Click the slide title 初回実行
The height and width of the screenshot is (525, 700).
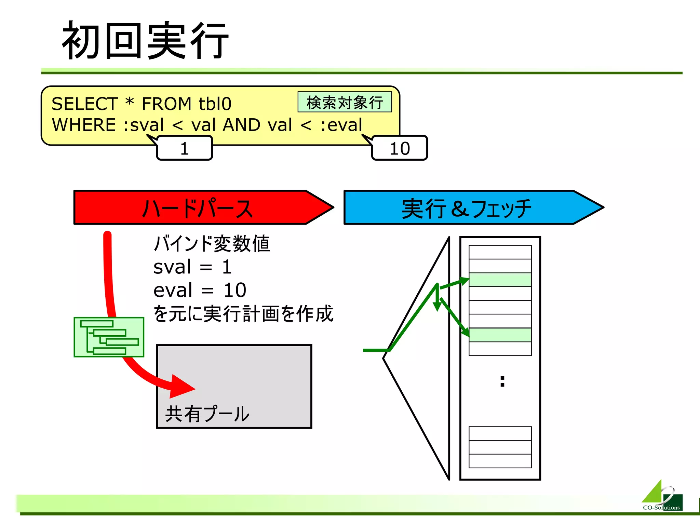point(145,40)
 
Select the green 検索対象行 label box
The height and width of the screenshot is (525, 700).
point(345,102)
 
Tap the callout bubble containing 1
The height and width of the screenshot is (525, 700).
point(185,148)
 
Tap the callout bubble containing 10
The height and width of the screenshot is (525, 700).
point(400,148)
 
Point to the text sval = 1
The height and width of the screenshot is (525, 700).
point(192,267)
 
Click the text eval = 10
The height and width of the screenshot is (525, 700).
point(200,290)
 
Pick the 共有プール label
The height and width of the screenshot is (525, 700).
point(207,414)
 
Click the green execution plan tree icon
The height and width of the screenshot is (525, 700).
point(109,337)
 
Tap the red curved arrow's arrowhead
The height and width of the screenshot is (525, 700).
point(181,387)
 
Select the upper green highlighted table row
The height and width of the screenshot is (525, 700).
point(500,280)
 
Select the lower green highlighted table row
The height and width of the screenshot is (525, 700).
point(500,335)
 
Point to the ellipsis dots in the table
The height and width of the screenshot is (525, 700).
point(502,381)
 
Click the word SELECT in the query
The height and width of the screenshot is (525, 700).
point(84,104)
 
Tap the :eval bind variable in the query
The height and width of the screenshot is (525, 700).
point(341,125)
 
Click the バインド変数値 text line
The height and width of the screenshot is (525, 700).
point(212,244)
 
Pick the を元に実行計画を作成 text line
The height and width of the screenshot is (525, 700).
point(243,314)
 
